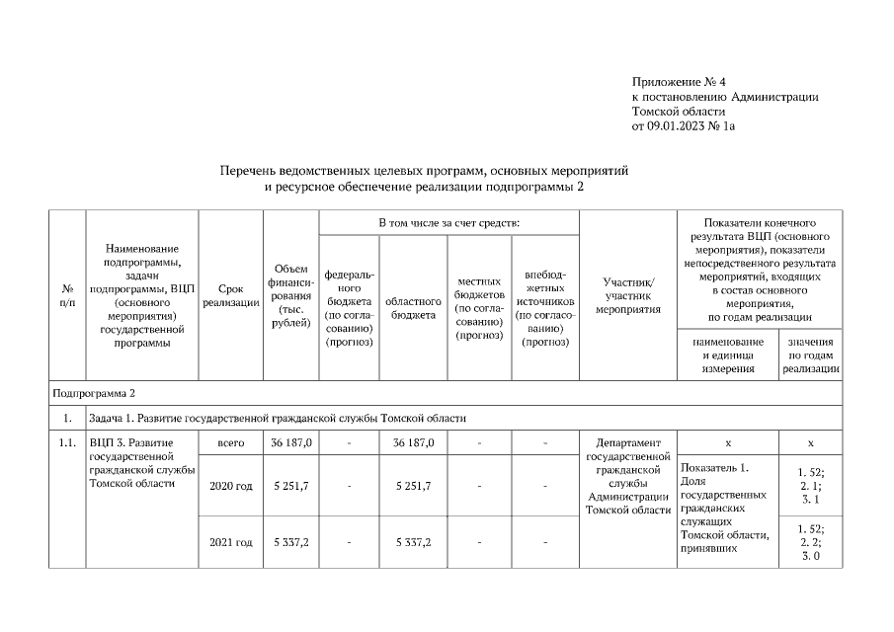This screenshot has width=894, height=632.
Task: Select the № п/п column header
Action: point(67,293)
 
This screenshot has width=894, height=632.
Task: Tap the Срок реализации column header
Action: point(230,293)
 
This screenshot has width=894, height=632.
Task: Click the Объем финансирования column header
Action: point(289,293)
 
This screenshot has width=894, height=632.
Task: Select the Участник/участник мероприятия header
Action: point(627,294)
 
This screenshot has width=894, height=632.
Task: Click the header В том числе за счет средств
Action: point(448,223)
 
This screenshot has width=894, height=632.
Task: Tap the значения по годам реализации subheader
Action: point(811,355)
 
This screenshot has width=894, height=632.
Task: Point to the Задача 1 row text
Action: point(276,418)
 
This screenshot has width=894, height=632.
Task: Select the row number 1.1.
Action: point(67,443)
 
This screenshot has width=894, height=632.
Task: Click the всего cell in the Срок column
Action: point(230,443)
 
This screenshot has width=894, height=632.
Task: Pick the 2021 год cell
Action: point(230,542)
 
